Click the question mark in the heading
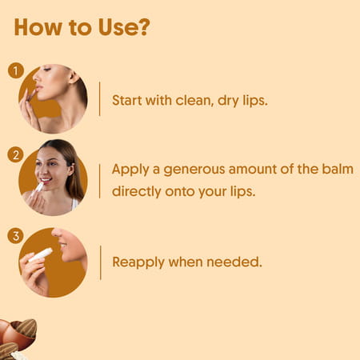pos(142,27)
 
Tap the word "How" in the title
pos(39,27)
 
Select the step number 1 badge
pos(15,70)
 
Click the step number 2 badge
pos(15,153)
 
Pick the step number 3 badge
pos(15,236)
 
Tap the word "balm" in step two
pos(334,170)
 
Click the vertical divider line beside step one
pos(100,98)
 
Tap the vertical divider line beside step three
pos(100,262)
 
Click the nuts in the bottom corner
pos(16,336)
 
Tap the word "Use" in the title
pos(111,27)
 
